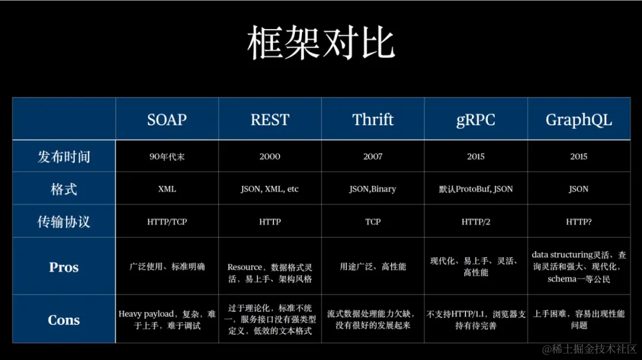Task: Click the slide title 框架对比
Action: (x=321, y=43)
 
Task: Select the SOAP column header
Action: (x=167, y=119)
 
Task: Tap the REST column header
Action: (x=270, y=119)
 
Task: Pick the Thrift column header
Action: (x=373, y=119)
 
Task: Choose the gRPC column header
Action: (x=476, y=119)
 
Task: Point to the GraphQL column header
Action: (x=578, y=119)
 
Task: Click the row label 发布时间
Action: (x=64, y=157)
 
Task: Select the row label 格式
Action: (x=64, y=190)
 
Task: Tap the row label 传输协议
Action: (x=64, y=222)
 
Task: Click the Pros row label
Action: (x=64, y=267)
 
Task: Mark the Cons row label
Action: (x=64, y=320)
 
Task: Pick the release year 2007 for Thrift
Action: (x=373, y=157)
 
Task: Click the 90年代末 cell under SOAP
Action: (x=167, y=157)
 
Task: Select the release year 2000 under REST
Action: (x=270, y=157)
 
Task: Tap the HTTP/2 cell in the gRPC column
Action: (x=476, y=222)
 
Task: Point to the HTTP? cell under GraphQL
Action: (x=578, y=222)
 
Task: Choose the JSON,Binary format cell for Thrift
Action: (x=373, y=190)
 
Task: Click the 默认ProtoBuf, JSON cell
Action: (x=476, y=190)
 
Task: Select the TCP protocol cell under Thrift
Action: (x=373, y=222)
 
